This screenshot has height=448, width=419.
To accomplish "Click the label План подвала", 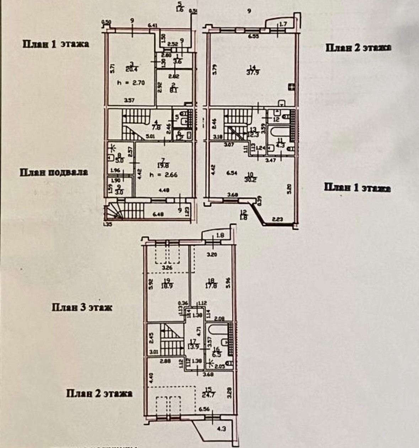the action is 54,173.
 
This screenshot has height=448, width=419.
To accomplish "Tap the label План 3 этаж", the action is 82,307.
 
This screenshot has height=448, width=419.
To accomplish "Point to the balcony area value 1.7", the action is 283,24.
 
